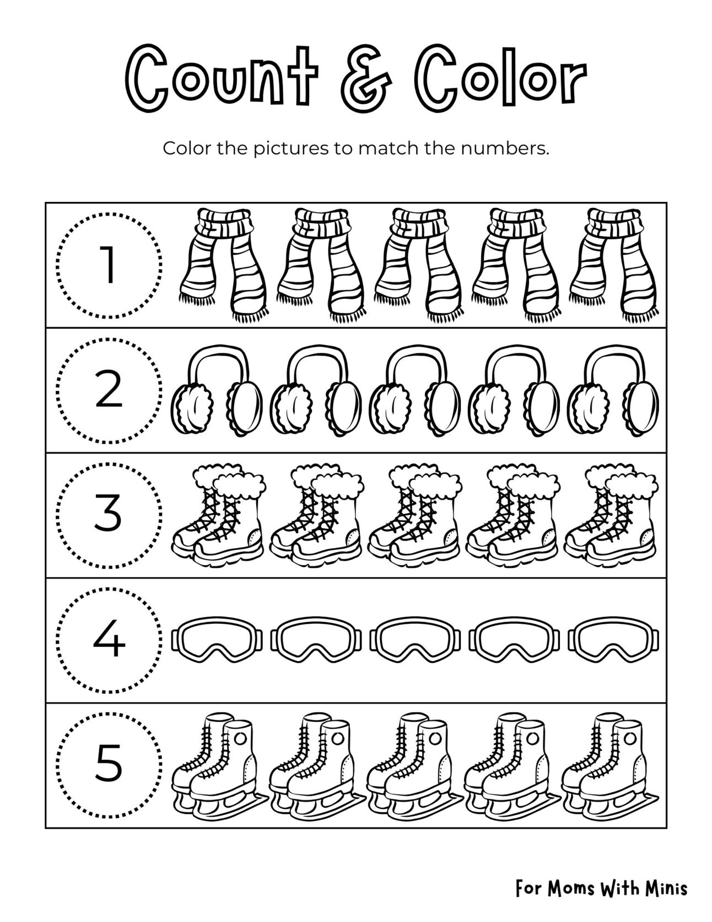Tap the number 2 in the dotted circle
click(x=109, y=390)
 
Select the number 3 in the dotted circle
click(x=109, y=514)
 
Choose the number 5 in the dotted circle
click(x=109, y=765)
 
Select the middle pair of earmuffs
click(x=415, y=390)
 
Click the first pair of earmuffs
click(x=218, y=390)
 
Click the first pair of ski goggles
click(x=219, y=640)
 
